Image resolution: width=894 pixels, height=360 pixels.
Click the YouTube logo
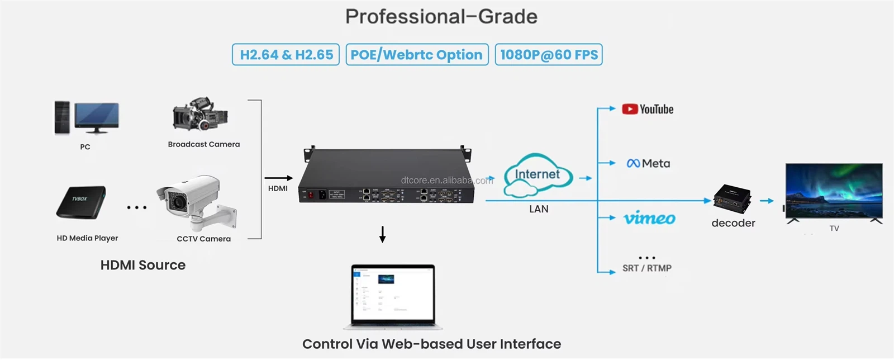[648, 110]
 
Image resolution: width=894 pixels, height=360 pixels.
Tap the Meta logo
[648, 164]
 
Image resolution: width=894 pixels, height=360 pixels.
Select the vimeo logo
[649, 218]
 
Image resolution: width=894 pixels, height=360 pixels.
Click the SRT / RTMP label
[647, 268]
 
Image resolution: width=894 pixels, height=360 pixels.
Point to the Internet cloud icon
[538, 176]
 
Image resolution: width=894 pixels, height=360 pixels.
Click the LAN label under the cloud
[539, 209]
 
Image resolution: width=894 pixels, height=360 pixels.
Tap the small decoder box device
[733, 199]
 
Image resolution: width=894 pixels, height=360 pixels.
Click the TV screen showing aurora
[834, 191]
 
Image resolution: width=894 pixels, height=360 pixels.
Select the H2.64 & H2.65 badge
[286, 55]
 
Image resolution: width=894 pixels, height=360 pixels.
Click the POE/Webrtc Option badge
[417, 55]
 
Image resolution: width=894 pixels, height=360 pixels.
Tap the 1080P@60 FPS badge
[549, 55]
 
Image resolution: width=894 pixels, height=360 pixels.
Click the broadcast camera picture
[200, 115]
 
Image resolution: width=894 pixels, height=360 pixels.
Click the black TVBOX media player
[81, 202]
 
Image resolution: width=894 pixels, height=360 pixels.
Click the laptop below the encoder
[393, 296]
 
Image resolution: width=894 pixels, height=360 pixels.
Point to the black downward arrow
[383, 234]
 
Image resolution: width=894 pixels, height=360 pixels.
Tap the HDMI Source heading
[143, 265]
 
